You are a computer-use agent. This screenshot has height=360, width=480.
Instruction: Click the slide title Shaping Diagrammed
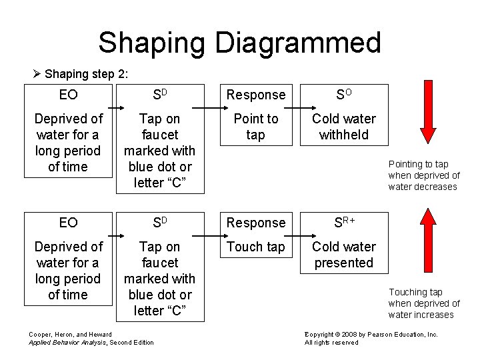(x=239, y=43)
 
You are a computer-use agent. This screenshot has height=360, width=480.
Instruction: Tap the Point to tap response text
(x=255, y=127)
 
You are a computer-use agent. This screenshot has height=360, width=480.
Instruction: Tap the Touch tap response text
(x=255, y=247)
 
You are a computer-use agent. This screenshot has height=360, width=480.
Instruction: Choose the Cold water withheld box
(x=344, y=127)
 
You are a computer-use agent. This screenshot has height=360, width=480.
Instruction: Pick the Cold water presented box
(x=344, y=255)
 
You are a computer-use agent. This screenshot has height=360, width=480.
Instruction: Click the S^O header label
(x=344, y=95)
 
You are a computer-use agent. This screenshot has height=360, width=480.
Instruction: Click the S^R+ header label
(x=344, y=222)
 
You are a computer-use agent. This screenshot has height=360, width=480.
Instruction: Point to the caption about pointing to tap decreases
(x=423, y=175)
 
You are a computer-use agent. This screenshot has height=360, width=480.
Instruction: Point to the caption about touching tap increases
(x=423, y=303)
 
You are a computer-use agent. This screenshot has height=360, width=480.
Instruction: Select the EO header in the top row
(x=68, y=95)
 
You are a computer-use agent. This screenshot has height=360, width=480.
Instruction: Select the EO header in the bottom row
(x=68, y=222)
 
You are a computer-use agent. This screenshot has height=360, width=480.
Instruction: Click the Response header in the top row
(x=255, y=95)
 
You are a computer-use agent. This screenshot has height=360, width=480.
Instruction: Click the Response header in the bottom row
(x=255, y=222)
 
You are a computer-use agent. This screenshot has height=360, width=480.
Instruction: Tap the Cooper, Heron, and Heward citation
(x=91, y=338)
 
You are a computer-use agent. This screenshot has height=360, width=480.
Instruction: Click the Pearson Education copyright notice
(x=371, y=338)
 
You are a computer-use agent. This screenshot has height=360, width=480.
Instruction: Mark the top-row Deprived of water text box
(x=68, y=143)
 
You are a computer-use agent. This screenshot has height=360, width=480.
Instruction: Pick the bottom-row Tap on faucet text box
(x=160, y=279)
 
